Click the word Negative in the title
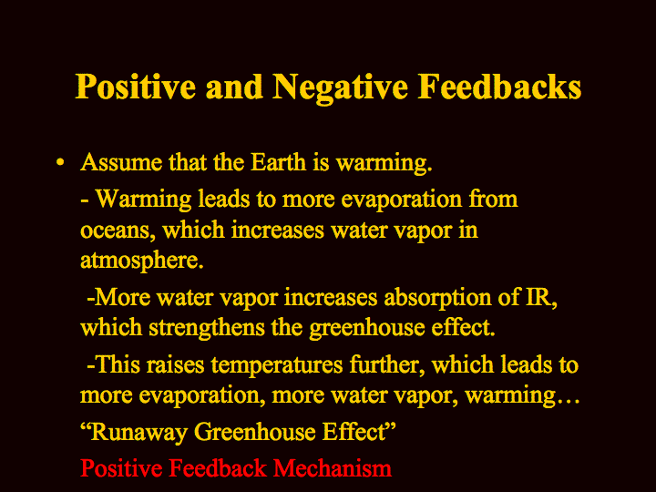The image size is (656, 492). click(x=340, y=88)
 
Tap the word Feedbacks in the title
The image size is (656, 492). click(x=499, y=87)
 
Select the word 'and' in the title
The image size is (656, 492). click(x=234, y=87)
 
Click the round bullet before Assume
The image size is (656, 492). click(x=60, y=162)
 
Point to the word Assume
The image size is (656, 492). click(x=121, y=162)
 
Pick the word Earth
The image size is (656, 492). click(x=278, y=162)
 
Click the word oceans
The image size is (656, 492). click(x=115, y=231)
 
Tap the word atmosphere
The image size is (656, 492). click(x=142, y=261)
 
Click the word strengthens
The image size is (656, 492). click(x=207, y=328)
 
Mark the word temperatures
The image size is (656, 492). click(x=277, y=365)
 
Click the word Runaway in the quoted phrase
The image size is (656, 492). click(x=138, y=433)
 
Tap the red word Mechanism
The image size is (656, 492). click(x=333, y=468)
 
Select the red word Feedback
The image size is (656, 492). click(x=218, y=468)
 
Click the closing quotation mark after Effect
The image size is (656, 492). click(x=390, y=426)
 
